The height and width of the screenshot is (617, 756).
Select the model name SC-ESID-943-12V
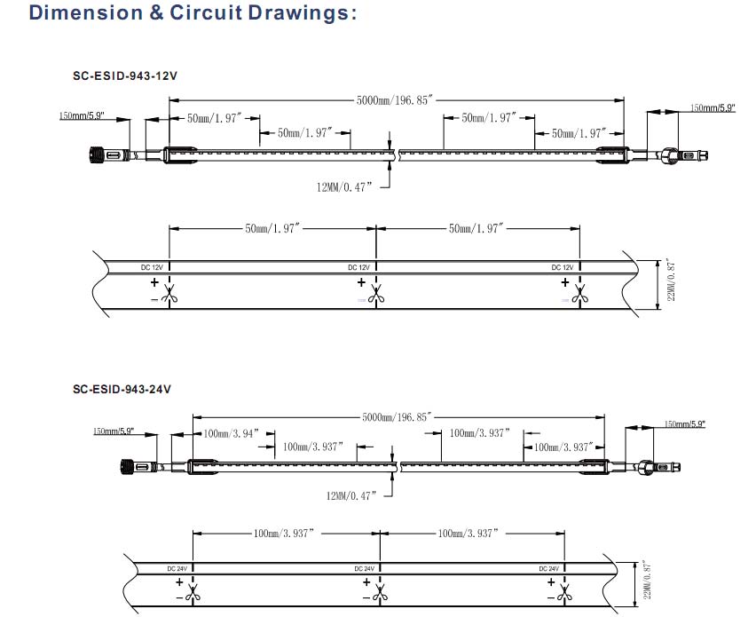125,75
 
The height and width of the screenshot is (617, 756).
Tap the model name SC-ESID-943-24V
122,389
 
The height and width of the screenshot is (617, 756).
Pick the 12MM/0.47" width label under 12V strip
343,186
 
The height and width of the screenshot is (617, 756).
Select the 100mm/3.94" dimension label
230,433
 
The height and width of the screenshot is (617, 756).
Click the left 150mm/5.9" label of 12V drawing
82,116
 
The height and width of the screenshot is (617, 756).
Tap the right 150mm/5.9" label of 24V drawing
684,424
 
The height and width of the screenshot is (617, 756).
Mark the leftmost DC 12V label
152,267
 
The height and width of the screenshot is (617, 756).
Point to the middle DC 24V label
364,568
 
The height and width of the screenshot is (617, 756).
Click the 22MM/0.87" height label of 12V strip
672,281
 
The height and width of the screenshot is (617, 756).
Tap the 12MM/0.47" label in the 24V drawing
350,494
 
